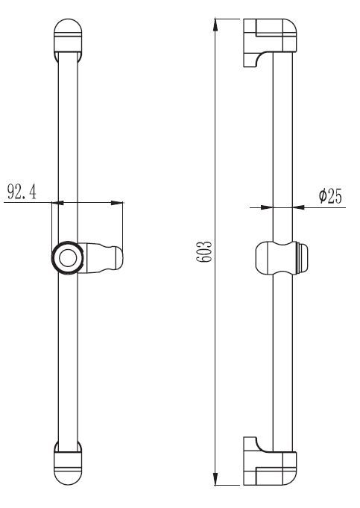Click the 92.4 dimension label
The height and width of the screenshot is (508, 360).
coord(22,192)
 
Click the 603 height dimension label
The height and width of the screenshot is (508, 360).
coord(205,251)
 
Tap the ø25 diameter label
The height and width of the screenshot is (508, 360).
coord(330,196)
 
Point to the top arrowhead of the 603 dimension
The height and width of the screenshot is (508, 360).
coord(215,25)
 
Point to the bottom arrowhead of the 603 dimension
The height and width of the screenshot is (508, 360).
coord(215,478)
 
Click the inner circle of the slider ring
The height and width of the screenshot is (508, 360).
coord(68,258)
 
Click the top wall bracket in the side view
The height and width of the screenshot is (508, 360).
coord(270,43)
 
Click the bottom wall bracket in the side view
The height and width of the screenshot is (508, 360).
coord(270,461)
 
